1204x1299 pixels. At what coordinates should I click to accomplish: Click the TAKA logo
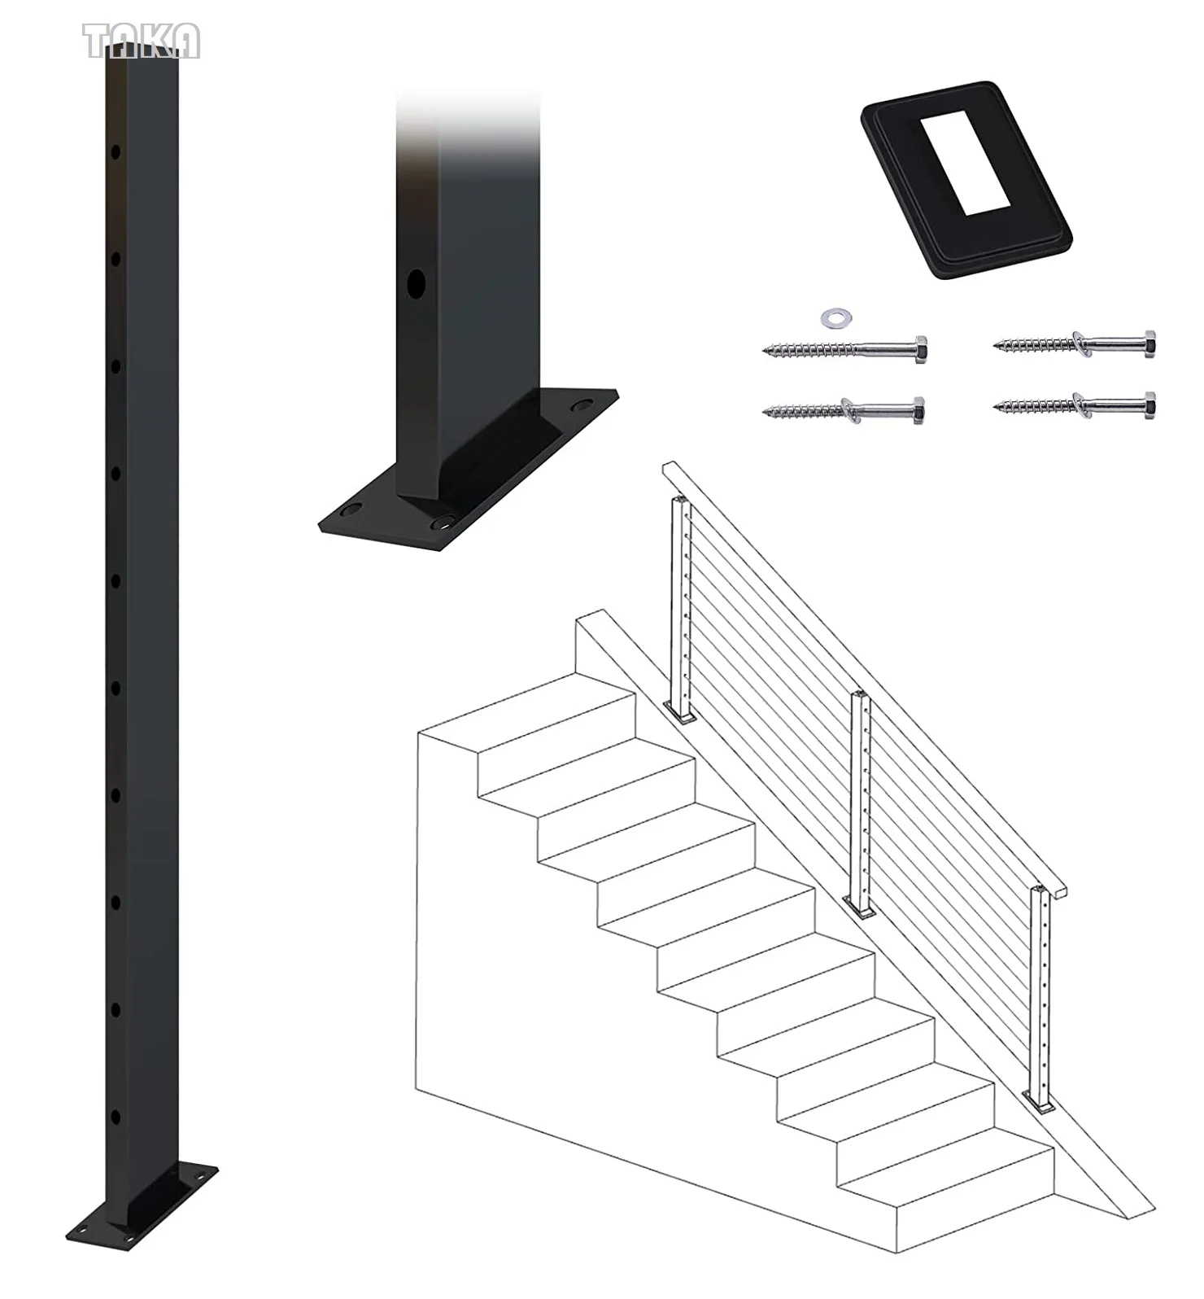pyautogui.click(x=141, y=41)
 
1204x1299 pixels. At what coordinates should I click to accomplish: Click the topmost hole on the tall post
pyautogui.click(x=116, y=151)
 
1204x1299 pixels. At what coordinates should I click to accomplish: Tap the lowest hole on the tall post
pyautogui.click(x=116, y=1117)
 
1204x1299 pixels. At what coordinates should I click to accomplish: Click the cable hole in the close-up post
pyautogui.click(x=416, y=284)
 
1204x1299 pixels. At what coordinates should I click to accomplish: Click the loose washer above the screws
pyautogui.click(x=833, y=317)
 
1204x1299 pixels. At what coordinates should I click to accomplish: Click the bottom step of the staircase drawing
pyautogui.click(x=976, y=1205)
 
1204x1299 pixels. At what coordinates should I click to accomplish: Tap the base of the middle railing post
pyautogui.click(x=859, y=906)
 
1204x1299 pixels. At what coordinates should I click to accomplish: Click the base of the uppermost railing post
pyautogui.click(x=679, y=712)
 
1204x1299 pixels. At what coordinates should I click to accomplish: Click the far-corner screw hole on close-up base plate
pyautogui.click(x=582, y=405)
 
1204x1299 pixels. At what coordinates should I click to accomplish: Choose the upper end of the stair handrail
pyautogui.click(x=672, y=470)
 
